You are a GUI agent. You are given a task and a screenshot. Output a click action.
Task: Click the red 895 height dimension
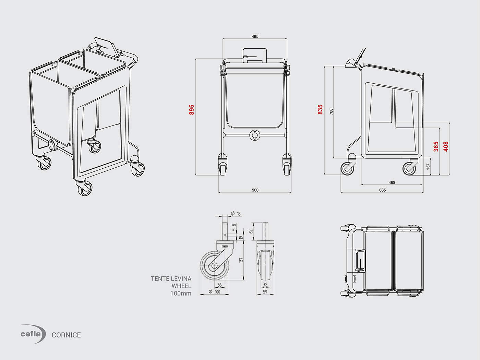tap(192, 110)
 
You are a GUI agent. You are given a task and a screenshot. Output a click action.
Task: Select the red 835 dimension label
tap(320, 110)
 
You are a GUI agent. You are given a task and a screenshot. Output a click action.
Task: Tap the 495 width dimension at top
tap(255, 36)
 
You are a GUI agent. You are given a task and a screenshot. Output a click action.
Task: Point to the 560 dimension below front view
tap(255, 190)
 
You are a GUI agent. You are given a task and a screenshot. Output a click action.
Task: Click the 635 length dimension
tap(382, 190)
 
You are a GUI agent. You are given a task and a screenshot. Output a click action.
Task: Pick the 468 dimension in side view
tap(392, 182)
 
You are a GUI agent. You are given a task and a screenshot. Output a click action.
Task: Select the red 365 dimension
tap(436, 146)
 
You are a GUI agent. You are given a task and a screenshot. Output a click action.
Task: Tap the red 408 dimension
tap(446, 146)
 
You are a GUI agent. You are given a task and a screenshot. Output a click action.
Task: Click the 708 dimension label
tap(331, 111)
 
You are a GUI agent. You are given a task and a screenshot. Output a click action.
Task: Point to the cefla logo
tap(33, 334)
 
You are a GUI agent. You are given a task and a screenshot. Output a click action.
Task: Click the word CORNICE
tap(66, 335)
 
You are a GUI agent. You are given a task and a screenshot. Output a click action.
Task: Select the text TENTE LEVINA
tap(171, 279)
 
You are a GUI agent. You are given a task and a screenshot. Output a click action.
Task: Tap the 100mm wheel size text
tap(181, 293)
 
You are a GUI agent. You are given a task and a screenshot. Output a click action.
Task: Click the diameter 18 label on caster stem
tap(237, 214)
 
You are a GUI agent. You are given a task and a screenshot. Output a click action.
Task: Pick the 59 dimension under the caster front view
tap(265, 292)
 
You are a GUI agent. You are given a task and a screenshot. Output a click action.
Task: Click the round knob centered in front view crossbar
tap(255, 135)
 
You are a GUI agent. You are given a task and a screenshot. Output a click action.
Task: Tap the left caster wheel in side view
tap(348, 168)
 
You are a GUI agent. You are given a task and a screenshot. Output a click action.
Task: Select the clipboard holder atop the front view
tap(255, 55)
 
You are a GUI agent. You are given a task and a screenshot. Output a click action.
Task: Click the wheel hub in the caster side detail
tap(214, 266)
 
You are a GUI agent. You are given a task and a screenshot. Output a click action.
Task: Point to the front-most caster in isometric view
tap(85, 189)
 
